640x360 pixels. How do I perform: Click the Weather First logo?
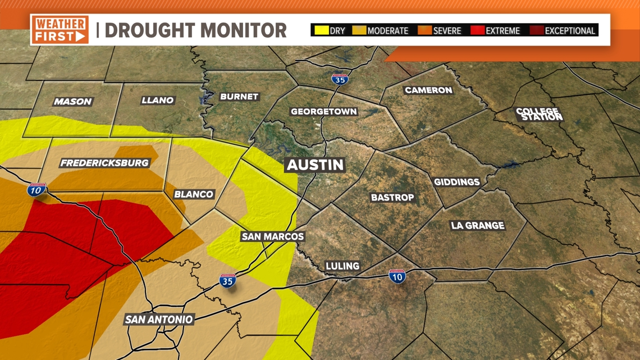click(x=60, y=30)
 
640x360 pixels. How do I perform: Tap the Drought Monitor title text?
click(x=195, y=30)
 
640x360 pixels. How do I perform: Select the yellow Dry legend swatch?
click(x=321, y=30)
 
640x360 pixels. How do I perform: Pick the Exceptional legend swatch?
click(x=537, y=30)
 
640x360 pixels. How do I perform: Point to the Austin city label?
click(x=315, y=165)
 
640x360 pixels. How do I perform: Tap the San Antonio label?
click(x=159, y=319)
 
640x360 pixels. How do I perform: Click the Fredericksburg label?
click(x=104, y=163)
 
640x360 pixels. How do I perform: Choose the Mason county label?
click(x=72, y=102)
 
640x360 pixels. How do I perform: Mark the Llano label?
click(x=157, y=100)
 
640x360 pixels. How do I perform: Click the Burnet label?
click(x=239, y=97)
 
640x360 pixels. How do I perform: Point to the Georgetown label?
click(x=323, y=111)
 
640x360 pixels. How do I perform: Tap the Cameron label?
click(x=428, y=90)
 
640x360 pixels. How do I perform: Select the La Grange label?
click(x=477, y=225)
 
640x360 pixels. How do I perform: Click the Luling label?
click(x=342, y=266)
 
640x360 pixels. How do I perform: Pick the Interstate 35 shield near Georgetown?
click(x=340, y=79)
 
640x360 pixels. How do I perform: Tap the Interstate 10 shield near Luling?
click(x=397, y=276)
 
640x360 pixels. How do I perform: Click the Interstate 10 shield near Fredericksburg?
click(x=36, y=189)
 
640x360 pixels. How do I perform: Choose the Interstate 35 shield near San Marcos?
click(x=227, y=281)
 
